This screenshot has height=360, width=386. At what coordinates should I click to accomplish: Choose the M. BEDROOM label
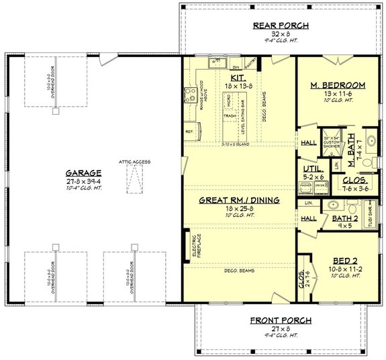[x=338, y=85]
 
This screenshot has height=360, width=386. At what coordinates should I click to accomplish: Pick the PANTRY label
[x=250, y=66]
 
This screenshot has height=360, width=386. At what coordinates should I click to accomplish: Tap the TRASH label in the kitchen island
[x=230, y=116]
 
